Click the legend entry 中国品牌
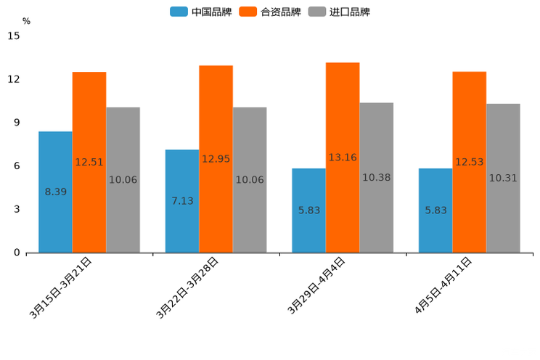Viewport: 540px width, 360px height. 201,12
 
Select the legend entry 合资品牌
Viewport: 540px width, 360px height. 270,12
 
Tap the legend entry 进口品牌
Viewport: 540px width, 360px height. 339,12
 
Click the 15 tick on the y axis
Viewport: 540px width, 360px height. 14,36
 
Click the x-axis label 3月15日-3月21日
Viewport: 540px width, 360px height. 61,287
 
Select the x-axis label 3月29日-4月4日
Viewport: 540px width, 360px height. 316,286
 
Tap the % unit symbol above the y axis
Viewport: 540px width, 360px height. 26,21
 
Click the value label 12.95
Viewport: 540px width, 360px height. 216,159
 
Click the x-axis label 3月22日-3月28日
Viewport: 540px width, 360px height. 188,287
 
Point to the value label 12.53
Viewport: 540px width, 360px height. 470,162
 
